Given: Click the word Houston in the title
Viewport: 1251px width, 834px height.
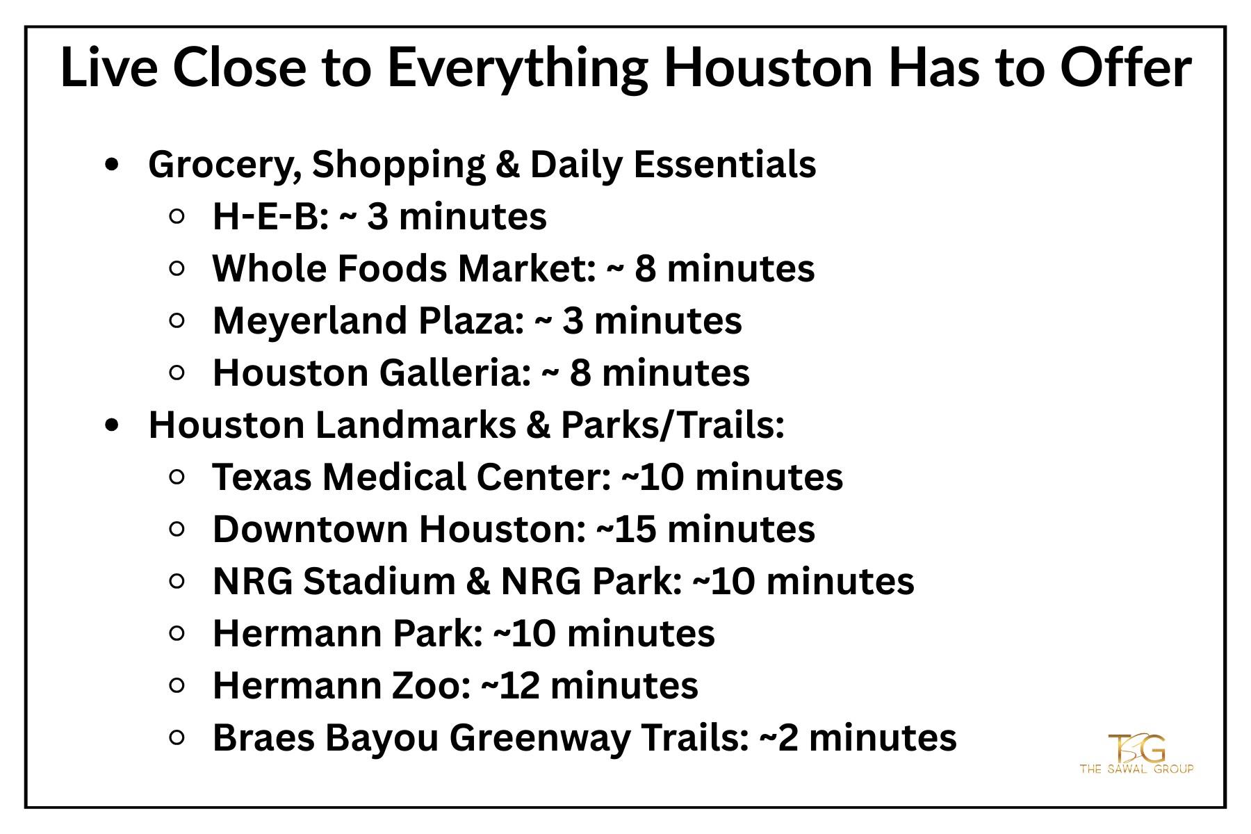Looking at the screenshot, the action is pyautogui.click(x=768, y=67).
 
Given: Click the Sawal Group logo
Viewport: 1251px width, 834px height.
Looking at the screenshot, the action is pyautogui.click(x=1136, y=753).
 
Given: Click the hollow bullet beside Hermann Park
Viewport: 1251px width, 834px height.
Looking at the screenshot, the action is pyautogui.click(x=177, y=633).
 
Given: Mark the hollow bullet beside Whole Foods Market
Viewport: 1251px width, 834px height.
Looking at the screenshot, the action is pyautogui.click(x=177, y=268).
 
